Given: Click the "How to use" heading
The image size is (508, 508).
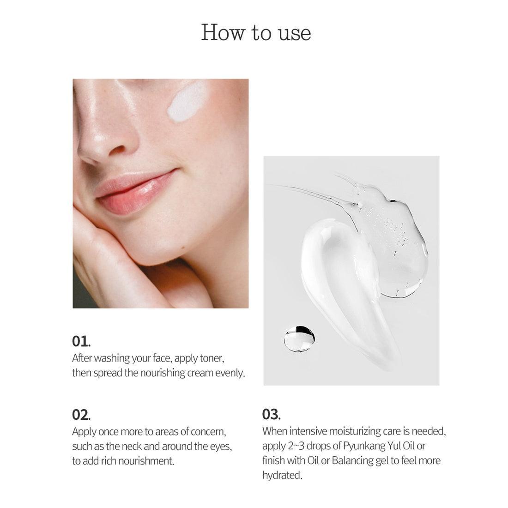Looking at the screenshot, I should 256,33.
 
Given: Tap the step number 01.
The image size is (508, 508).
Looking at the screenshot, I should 81,341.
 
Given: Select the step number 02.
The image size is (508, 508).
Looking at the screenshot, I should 81,414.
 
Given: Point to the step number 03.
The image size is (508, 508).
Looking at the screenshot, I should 271,414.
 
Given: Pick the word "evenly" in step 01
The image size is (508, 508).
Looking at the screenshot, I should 229,373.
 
